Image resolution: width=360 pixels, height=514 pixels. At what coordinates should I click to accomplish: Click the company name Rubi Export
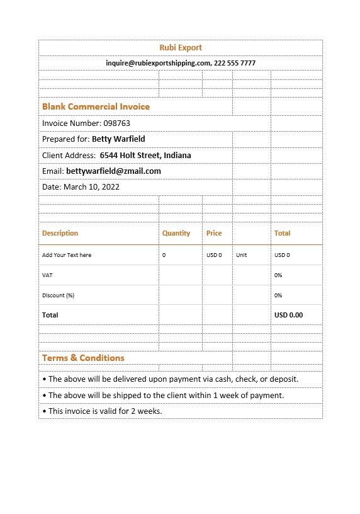point(181,48)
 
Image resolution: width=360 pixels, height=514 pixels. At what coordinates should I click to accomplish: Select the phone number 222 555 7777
point(235,63)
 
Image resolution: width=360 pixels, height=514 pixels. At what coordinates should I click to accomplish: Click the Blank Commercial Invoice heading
point(96,106)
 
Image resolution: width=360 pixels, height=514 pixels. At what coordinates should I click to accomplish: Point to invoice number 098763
point(117,123)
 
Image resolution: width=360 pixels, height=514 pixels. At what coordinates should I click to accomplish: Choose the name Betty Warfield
point(118,139)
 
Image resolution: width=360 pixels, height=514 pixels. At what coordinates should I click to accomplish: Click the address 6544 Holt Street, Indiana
point(145,155)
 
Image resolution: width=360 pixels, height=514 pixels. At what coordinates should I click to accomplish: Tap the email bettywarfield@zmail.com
point(113,171)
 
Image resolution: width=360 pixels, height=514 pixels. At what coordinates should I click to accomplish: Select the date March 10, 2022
point(91,187)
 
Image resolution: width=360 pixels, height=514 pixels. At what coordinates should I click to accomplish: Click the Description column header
point(60,233)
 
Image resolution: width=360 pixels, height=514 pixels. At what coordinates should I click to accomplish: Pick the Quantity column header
point(176,233)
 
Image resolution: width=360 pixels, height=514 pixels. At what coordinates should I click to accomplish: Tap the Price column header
point(214,233)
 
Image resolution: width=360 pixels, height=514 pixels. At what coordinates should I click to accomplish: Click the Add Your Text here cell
point(67,255)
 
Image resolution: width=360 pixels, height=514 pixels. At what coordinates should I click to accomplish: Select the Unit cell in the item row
point(242,255)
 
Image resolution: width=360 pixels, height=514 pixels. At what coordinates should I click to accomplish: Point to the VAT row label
point(47,275)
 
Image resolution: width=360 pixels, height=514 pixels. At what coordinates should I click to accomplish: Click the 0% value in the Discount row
point(278,295)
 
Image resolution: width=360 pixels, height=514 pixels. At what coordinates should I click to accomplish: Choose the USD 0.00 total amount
point(288,315)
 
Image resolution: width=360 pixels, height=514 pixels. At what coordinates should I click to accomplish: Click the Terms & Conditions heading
point(83,358)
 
